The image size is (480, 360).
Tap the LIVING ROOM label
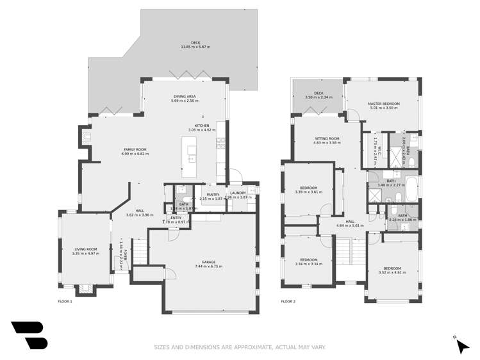[x=85, y=249]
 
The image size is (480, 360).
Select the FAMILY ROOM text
[x=135, y=149]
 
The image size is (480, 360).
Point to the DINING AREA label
[x=185, y=96]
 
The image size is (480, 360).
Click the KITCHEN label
[x=202, y=126]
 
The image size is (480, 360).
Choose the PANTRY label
[x=213, y=194]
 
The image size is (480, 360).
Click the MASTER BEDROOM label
[x=383, y=103]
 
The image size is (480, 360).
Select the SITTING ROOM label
[x=326, y=138]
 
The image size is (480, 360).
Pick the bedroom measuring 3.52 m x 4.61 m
[x=392, y=268]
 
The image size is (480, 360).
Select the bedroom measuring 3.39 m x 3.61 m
[x=307, y=188]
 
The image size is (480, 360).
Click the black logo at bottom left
[x=29, y=334]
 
